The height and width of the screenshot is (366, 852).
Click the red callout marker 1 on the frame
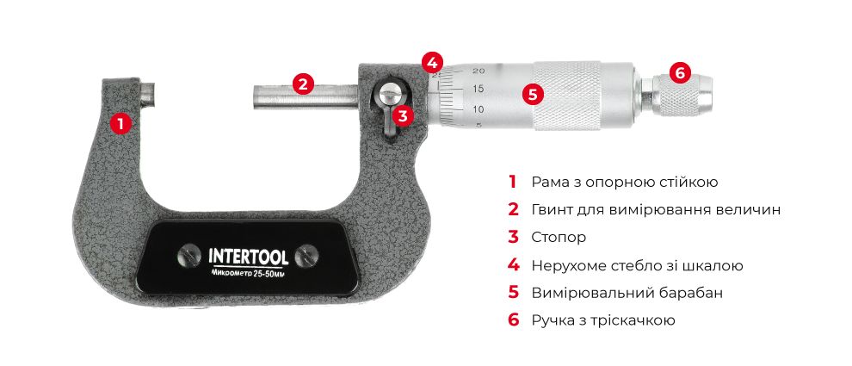[120, 123]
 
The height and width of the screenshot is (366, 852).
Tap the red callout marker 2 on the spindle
[301, 84]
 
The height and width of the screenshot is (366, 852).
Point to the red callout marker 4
[433, 62]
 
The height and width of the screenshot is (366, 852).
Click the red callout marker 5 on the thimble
[534, 94]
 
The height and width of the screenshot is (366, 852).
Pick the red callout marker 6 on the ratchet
[679, 73]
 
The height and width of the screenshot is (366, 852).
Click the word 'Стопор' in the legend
[559, 237]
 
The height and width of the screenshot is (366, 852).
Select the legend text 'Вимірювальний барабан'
[627, 292]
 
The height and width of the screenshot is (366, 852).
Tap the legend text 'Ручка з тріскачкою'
[602, 319]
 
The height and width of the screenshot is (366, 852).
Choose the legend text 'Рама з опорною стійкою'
[625, 182]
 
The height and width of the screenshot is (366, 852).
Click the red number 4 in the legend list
[513, 264]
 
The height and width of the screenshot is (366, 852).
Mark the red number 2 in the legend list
[513, 209]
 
